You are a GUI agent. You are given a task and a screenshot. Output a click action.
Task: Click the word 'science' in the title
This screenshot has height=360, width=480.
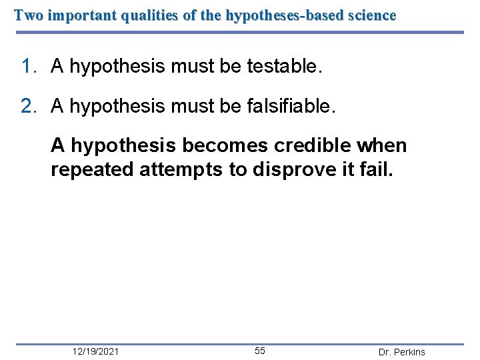point(370,15)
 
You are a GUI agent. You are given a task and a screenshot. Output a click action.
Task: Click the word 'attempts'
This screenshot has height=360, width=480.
point(182,169)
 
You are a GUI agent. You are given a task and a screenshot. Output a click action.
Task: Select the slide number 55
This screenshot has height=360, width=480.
point(260,351)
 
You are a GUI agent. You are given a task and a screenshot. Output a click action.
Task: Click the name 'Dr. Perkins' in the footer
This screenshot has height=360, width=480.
point(401,352)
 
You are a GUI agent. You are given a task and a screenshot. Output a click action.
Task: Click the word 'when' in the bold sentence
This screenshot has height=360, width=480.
point(382,145)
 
